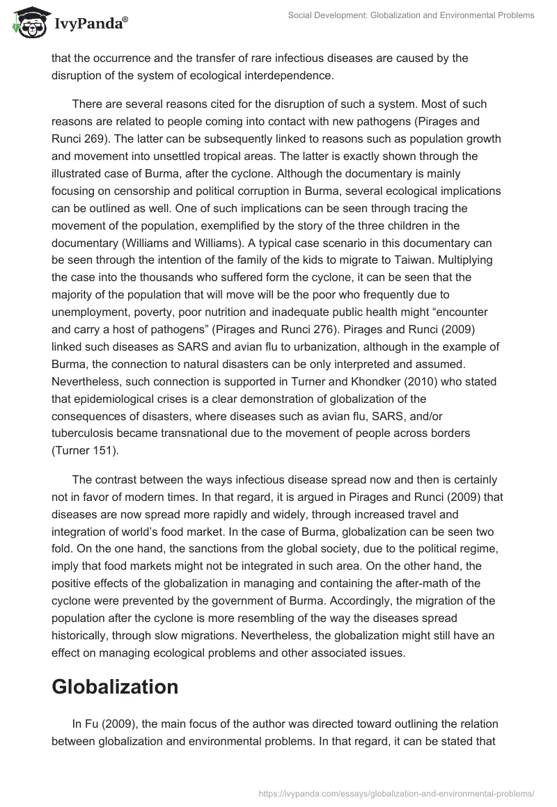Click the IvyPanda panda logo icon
(x=26, y=22)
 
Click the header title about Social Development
(x=410, y=15)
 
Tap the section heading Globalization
(x=115, y=687)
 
